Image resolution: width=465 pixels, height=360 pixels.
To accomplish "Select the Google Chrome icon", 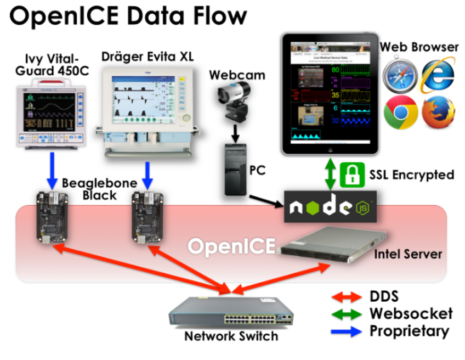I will coord(401,112).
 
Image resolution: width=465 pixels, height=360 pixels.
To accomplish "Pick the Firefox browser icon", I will coord(437,112).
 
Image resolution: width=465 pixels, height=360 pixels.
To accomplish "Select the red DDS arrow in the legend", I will coord(347,297).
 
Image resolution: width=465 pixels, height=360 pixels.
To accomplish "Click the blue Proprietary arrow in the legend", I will coord(347,331).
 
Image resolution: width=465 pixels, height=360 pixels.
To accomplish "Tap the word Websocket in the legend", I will coord(411,314).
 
